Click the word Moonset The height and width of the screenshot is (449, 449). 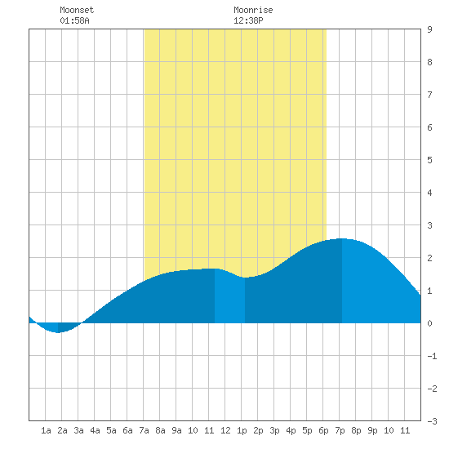(x=77, y=10)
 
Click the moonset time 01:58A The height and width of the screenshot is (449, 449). (x=74, y=20)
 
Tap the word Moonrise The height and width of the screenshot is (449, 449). (x=253, y=10)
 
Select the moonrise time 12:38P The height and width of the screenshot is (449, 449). (x=248, y=20)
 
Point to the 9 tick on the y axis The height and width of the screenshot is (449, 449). (x=429, y=29)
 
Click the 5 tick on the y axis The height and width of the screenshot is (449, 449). (x=429, y=160)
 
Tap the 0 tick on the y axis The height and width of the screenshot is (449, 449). (x=429, y=323)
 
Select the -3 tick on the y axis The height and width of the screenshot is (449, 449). (x=432, y=421)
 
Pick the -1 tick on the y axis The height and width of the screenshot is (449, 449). (x=432, y=356)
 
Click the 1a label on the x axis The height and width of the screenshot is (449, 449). (x=46, y=430)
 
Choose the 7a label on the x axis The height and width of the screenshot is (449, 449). (x=144, y=430)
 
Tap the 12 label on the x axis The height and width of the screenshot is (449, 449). (x=225, y=430)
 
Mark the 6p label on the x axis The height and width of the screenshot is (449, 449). (x=323, y=430)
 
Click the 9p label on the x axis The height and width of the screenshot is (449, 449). (x=372, y=430)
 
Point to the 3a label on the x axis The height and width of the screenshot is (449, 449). (x=78, y=430)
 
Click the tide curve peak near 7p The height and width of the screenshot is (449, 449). (x=341, y=238)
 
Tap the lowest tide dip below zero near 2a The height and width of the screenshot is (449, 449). (x=58, y=332)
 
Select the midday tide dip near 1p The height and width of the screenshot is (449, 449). (x=245, y=278)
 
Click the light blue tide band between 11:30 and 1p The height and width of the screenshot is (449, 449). (x=229, y=298)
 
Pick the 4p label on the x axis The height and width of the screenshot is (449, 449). (x=291, y=430)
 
